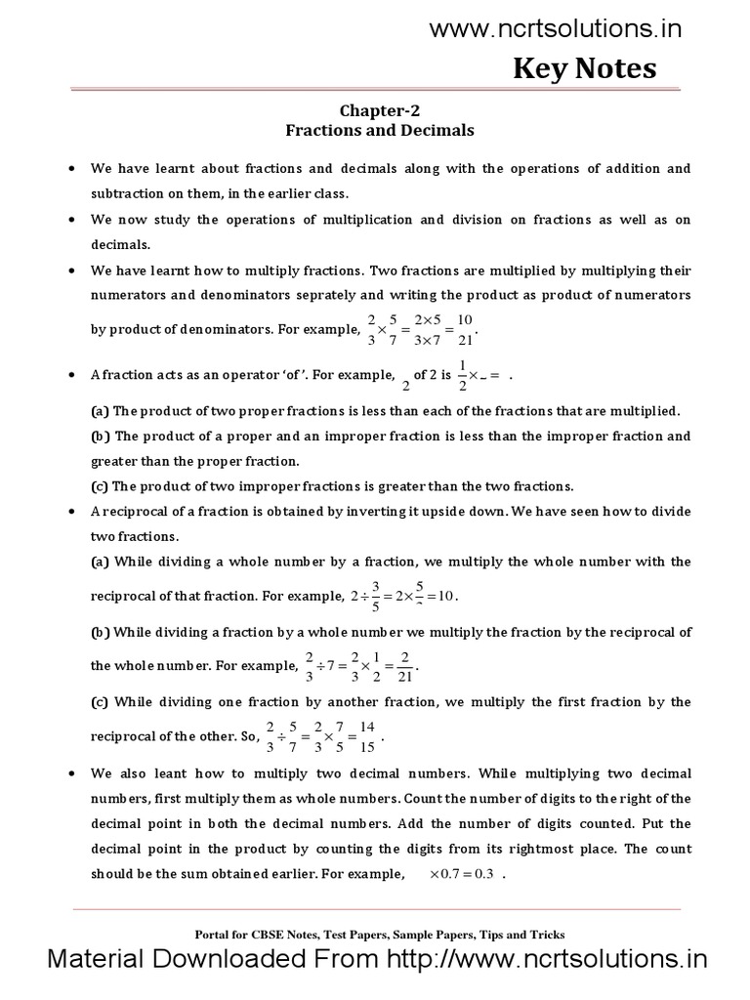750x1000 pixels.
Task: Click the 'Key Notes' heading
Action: (x=585, y=69)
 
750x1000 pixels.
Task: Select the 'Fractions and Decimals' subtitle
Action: (x=380, y=130)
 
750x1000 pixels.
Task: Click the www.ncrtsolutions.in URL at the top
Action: (x=556, y=30)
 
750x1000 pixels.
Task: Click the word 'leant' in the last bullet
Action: (x=172, y=774)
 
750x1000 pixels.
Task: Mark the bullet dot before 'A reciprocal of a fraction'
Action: (x=72, y=511)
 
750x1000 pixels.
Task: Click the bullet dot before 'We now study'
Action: (x=72, y=220)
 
